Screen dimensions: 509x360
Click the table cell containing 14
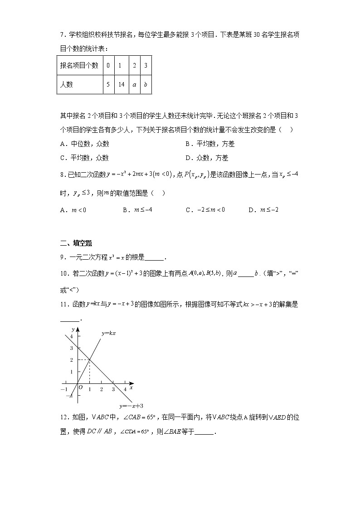coord(120,84)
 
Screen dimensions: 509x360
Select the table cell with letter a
coord(134,84)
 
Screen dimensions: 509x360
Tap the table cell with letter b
coord(146,84)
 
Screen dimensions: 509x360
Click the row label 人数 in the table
coord(67,84)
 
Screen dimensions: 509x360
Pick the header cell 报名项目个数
coord(79,65)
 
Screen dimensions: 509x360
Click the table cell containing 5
coord(108,84)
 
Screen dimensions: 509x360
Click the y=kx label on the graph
coord(109,333)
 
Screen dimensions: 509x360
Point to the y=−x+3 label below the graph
coord(131,406)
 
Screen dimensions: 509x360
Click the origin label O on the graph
coord(80,388)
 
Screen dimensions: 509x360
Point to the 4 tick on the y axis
coord(71,336)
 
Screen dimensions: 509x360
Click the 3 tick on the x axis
coord(113,389)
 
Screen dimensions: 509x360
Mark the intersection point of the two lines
coord(89,360)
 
